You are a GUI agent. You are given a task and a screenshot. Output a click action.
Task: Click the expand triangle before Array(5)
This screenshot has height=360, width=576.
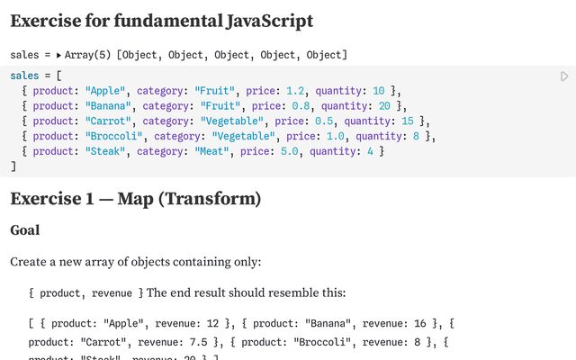pyautogui.click(x=58, y=56)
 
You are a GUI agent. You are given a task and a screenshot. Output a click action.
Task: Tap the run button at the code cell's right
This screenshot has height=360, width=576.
pyautogui.click(x=564, y=77)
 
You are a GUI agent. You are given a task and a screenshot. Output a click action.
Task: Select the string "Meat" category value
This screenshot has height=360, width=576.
pyautogui.click(x=211, y=152)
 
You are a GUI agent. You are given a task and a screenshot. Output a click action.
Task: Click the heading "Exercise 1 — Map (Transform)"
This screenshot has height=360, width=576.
pyautogui.click(x=135, y=198)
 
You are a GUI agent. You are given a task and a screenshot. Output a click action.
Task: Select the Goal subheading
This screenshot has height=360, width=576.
pyautogui.click(x=24, y=230)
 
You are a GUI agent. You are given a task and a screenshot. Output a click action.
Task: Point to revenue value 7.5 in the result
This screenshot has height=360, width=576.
pyautogui.click(x=198, y=342)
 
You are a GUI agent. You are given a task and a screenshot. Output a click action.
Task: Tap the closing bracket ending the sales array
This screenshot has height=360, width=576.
pyautogui.click(x=13, y=166)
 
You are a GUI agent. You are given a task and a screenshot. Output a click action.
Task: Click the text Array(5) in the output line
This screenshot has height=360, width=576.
pyautogui.click(x=87, y=56)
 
